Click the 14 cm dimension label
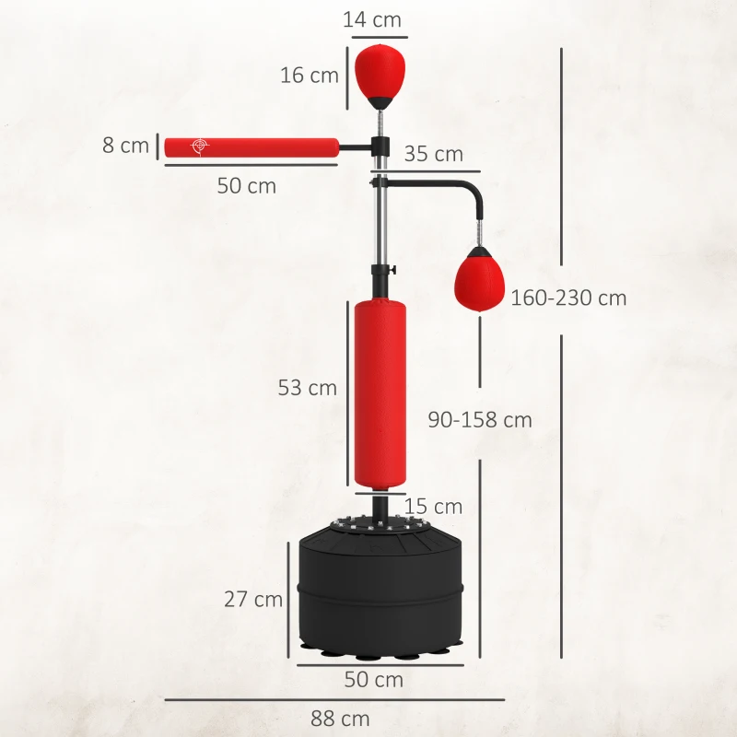[x=372, y=18]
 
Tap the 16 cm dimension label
[x=310, y=76]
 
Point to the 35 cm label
[x=433, y=154]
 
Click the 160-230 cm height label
[x=568, y=298]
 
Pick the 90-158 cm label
[x=480, y=419]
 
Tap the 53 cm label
[x=308, y=388]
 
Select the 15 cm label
[x=433, y=506]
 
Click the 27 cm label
[x=253, y=599]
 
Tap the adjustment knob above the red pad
[x=392, y=270]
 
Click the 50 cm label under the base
[x=374, y=680]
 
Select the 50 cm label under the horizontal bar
[x=247, y=185]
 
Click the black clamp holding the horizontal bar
[x=379, y=146]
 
